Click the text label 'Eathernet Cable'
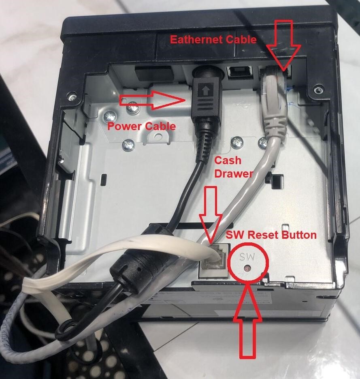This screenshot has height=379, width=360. [213, 39]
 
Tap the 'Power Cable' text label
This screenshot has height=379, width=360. [141, 126]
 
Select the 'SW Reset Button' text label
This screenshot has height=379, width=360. [271, 235]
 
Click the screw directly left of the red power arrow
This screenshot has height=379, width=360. [131, 109]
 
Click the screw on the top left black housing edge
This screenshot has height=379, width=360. [72, 98]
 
